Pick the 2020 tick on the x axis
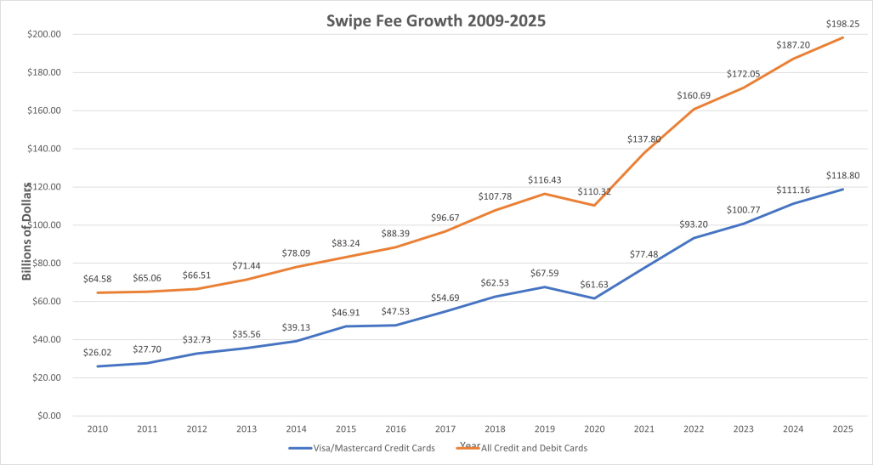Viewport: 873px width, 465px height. point(595,430)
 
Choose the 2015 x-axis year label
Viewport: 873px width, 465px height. point(347,430)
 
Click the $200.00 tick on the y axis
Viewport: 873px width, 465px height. point(45,35)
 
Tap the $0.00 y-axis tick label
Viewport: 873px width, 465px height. point(49,417)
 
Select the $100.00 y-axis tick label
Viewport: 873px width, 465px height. point(45,225)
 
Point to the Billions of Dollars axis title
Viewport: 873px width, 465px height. point(27,230)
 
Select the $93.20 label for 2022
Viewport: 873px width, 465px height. point(694,224)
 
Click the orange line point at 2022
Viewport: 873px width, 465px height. point(694,109)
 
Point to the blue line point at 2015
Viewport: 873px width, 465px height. point(347,326)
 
